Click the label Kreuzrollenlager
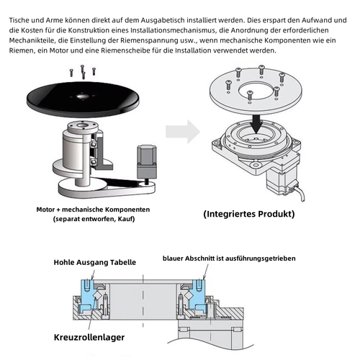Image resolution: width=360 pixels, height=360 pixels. pyautogui.click(x=89, y=337)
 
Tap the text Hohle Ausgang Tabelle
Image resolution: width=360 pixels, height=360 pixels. pyautogui.click(x=95, y=262)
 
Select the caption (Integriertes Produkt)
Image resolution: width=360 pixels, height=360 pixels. pyautogui.click(x=249, y=214)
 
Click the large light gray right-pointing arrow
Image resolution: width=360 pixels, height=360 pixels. pyautogui.click(x=183, y=132)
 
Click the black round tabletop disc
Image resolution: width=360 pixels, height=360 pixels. pyautogui.click(x=83, y=99)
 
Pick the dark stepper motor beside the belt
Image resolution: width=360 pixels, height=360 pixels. pyautogui.click(x=147, y=163)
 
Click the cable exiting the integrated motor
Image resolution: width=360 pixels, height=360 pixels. pyautogui.click(x=300, y=192)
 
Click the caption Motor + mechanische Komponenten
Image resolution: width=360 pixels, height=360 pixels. pyautogui.click(x=93, y=210)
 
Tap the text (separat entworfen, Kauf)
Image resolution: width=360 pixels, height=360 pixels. pyautogui.click(x=94, y=219)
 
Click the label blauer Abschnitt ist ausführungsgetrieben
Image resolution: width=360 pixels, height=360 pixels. pyautogui.click(x=229, y=258)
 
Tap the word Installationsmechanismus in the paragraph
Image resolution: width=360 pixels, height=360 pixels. pyautogui.click(x=172, y=30)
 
